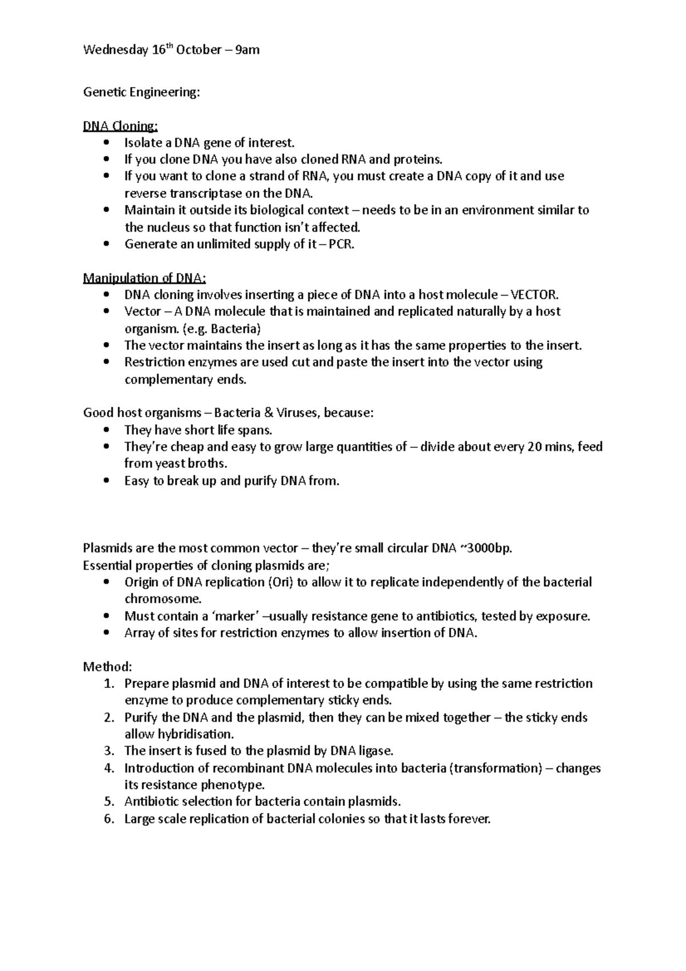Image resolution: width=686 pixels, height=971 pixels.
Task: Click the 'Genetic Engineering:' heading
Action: [x=142, y=92]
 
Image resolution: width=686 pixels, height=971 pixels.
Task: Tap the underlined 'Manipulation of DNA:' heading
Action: [x=145, y=278]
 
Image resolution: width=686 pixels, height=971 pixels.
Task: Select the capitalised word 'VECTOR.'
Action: [x=534, y=295]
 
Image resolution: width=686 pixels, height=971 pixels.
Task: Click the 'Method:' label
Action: [x=107, y=667]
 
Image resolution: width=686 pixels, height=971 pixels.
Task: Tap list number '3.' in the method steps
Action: [x=110, y=751]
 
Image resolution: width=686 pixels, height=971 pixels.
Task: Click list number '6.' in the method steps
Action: [x=110, y=819]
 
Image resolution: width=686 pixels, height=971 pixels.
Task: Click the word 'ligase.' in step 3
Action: [x=376, y=751]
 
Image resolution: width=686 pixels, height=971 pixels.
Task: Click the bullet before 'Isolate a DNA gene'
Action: [x=107, y=143]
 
